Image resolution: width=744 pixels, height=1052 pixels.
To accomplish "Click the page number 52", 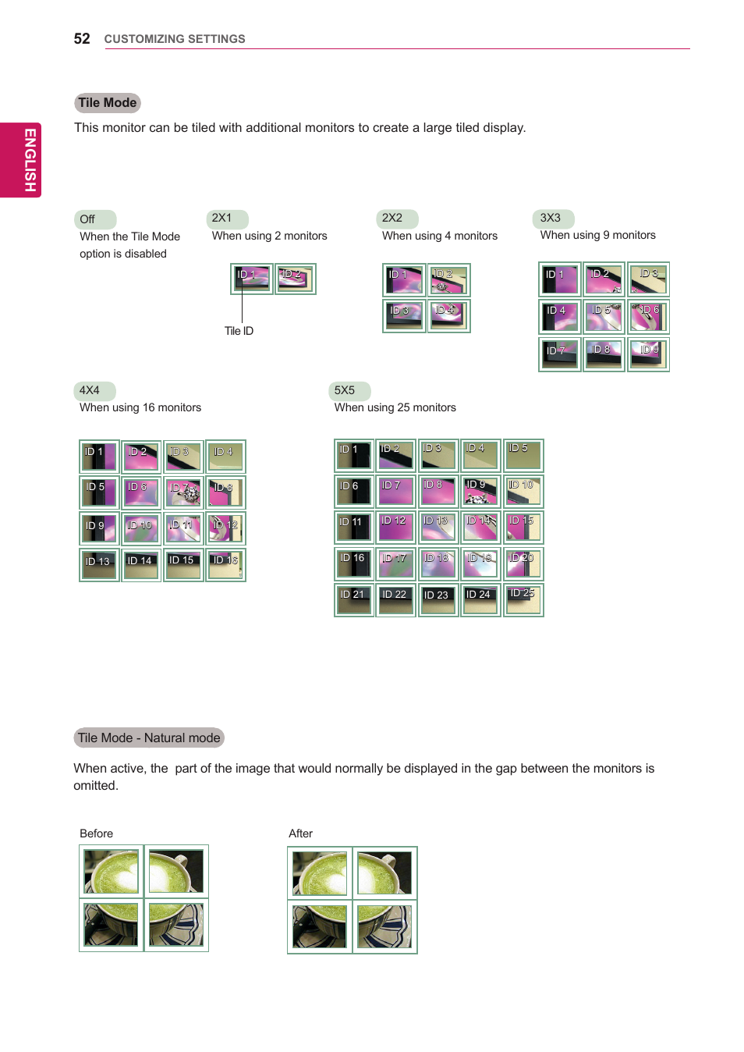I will pos(82,39).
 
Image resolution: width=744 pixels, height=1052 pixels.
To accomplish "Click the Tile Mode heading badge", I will pos(108,103).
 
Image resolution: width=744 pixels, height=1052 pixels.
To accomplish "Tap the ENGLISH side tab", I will pos(29,160).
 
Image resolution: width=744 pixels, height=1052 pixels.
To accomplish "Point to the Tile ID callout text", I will pos(239,331).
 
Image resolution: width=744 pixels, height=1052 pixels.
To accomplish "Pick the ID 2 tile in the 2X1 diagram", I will pos(295,279).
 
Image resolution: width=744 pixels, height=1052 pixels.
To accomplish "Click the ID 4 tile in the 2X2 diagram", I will pos(448,315).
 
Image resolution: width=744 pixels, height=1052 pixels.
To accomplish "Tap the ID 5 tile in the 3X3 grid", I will pos(604,316).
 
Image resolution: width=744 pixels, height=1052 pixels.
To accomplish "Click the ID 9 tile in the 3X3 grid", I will pos(649,354).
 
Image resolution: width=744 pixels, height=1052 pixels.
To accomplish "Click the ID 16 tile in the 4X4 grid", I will pos(225,564).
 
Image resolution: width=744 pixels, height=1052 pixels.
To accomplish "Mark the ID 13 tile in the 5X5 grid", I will pos(438,527).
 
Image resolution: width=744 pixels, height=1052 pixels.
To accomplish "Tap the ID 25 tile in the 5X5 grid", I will pos(523,599).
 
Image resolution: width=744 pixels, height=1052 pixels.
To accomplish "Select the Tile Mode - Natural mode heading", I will pos(149,738).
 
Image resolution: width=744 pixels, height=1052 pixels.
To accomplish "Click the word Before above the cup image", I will pos(96,833).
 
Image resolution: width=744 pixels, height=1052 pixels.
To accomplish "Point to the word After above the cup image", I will pos(300,833).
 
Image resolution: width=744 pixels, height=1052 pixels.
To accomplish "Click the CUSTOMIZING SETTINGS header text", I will pos(175,39).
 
